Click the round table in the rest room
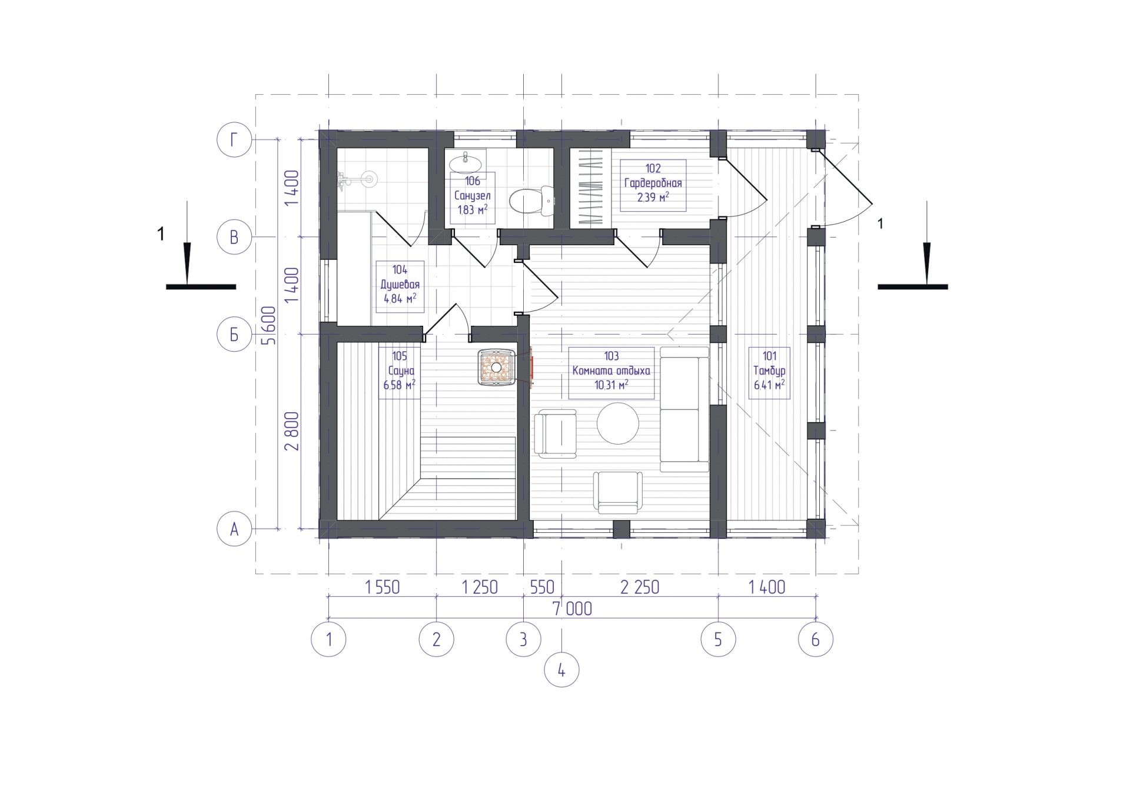[618, 423]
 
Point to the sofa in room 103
[684, 409]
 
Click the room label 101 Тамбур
[769, 371]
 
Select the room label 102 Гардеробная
[653, 183]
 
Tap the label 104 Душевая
[400, 285]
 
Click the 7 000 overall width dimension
[571, 609]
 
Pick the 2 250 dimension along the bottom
[640, 587]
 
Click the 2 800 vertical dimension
[292, 431]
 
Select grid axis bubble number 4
[561, 670]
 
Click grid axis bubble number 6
[815, 639]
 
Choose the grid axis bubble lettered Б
[234, 335]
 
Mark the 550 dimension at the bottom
[542, 587]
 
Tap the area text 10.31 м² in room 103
[611, 385]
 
